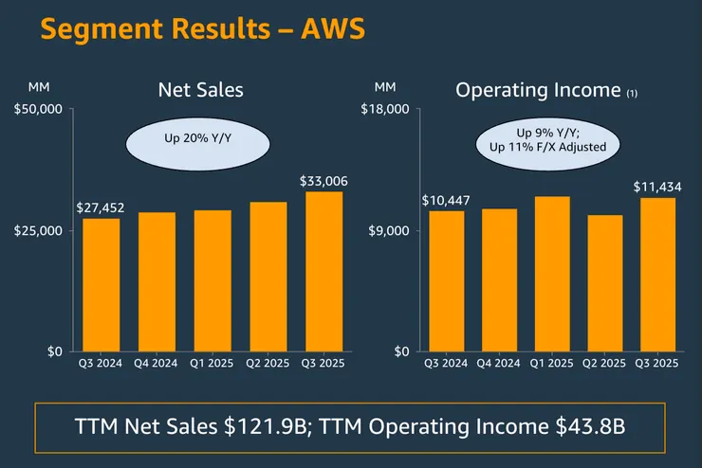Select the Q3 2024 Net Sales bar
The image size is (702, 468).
pos(102,284)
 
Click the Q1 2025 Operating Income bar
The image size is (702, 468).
pos(551,274)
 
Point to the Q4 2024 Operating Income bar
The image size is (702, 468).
pos(499,279)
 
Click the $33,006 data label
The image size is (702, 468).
pos(323,180)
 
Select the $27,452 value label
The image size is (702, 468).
pos(101,207)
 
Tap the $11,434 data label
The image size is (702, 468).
pos(656,187)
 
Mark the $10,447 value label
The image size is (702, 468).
pos(446,200)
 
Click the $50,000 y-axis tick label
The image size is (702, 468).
pos(39,110)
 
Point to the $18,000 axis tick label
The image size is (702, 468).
pos(387,110)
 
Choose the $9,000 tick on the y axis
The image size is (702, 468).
pos(390,231)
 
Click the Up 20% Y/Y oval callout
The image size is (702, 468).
pos(197,138)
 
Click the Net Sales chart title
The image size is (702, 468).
pos(200,90)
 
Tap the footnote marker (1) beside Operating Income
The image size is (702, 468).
pos(631,93)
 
